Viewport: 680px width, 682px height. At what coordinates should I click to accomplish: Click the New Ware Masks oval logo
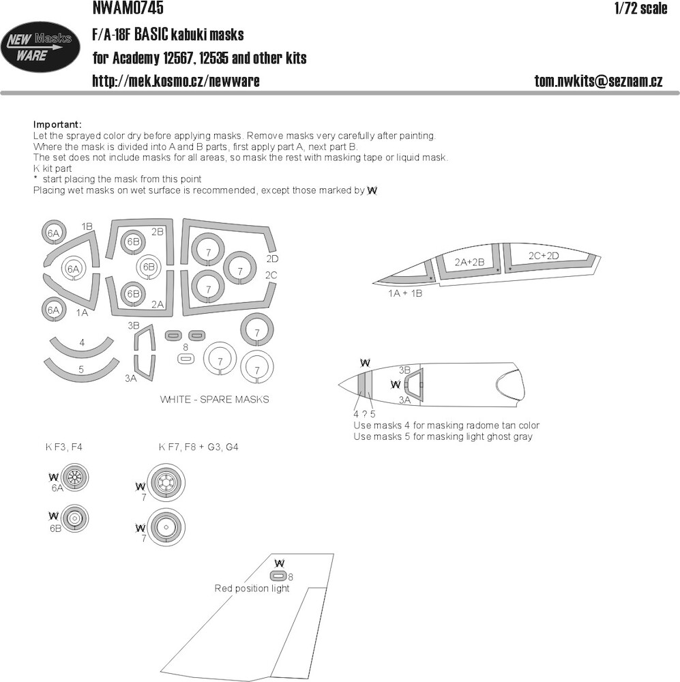click(40, 46)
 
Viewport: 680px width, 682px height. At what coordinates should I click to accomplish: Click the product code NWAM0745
click(128, 8)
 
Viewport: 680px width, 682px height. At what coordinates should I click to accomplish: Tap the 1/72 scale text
click(640, 8)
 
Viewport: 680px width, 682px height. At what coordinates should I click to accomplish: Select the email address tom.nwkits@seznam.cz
click(599, 81)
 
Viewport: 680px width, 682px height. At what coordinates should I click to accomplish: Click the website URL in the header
click(176, 81)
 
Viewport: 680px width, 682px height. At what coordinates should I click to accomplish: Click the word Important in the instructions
click(57, 125)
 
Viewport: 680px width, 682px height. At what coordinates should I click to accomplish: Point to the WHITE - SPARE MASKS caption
click(214, 399)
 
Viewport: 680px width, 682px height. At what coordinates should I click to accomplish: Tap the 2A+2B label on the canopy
click(469, 262)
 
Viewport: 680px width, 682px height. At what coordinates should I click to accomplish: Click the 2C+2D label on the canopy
click(544, 256)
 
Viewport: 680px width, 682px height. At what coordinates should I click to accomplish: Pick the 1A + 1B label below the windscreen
click(405, 293)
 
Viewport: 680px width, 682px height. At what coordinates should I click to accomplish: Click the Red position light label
click(252, 589)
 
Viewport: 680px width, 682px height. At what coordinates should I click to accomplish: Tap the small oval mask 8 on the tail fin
click(278, 576)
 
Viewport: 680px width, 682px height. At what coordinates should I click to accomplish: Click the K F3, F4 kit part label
click(63, 447)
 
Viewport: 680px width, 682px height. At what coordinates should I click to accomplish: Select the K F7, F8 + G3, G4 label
click(198, 447)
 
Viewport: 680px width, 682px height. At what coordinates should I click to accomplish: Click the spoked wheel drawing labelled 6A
click(74, 477)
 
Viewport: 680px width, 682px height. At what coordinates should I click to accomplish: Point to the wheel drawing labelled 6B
click(74, 518)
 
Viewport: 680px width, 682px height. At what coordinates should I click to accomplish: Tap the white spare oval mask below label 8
click(186, 359)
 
